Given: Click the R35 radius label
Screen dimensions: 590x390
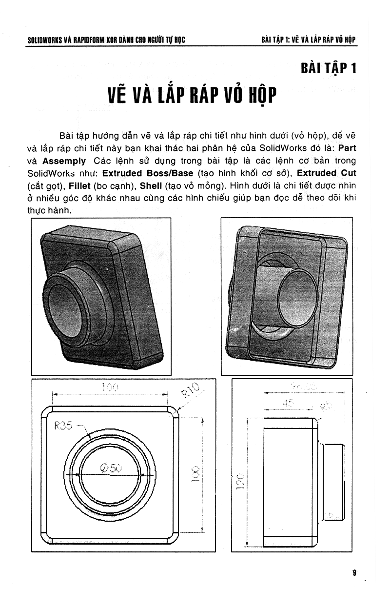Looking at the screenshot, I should tap(63, 425).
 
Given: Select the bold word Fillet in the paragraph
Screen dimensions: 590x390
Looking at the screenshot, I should tap(79, 185).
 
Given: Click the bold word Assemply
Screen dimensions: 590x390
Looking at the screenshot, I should tap(64, 161).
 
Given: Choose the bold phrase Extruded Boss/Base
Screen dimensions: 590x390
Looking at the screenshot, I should tap(148, 173).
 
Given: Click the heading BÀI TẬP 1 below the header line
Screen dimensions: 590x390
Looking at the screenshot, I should tap(329, 67).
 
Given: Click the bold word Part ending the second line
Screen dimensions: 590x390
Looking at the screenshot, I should tap(347, 148).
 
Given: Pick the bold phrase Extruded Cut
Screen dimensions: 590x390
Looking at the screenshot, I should tap(327, 173).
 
